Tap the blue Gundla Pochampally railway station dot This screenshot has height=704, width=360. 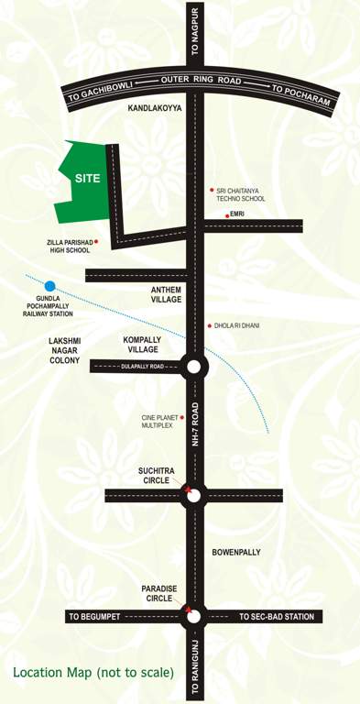pos(50,287)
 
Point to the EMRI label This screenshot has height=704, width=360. pos(237,214)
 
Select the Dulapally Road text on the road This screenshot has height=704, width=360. pos(142,367)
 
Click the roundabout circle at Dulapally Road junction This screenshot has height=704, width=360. pos(193,367)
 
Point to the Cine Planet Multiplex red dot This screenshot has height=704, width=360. pos(181,418)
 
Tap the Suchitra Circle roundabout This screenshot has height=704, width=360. pos(193,495)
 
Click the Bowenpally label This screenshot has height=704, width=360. pos(236,552)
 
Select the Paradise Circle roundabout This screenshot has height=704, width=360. pos(193,616)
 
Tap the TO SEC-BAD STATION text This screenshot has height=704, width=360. pos(277,617)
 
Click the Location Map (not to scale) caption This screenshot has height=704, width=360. pos(93,673)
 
